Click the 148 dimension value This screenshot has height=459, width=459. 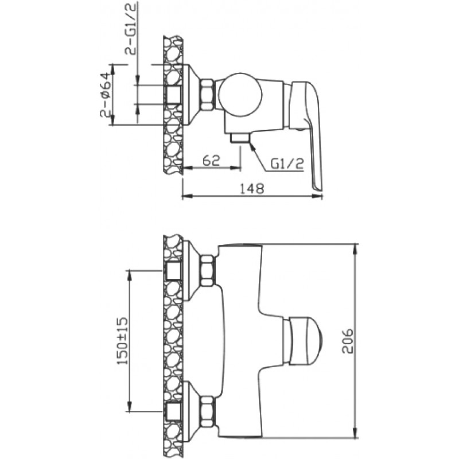[252, 189]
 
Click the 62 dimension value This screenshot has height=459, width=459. [211, 161]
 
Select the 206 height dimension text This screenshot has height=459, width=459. [348, 341]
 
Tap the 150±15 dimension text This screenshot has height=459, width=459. [123, 340]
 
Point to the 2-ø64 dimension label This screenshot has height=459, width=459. [106, 95]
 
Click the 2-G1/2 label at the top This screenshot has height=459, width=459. [131, 30]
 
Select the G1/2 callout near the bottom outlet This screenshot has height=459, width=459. [287, 164]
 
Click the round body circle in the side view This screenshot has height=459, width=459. [240, 95]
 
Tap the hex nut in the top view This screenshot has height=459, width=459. [208, 95]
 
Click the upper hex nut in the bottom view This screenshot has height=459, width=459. [208, 270]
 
